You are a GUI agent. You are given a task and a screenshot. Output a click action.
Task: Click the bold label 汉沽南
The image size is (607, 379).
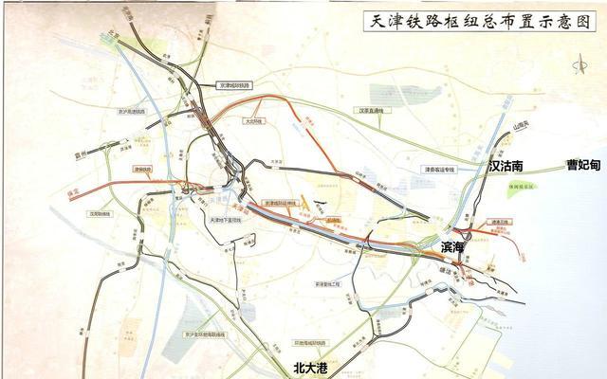coord(506,165)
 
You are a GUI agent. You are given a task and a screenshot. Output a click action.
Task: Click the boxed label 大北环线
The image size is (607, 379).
coord(251,120)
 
